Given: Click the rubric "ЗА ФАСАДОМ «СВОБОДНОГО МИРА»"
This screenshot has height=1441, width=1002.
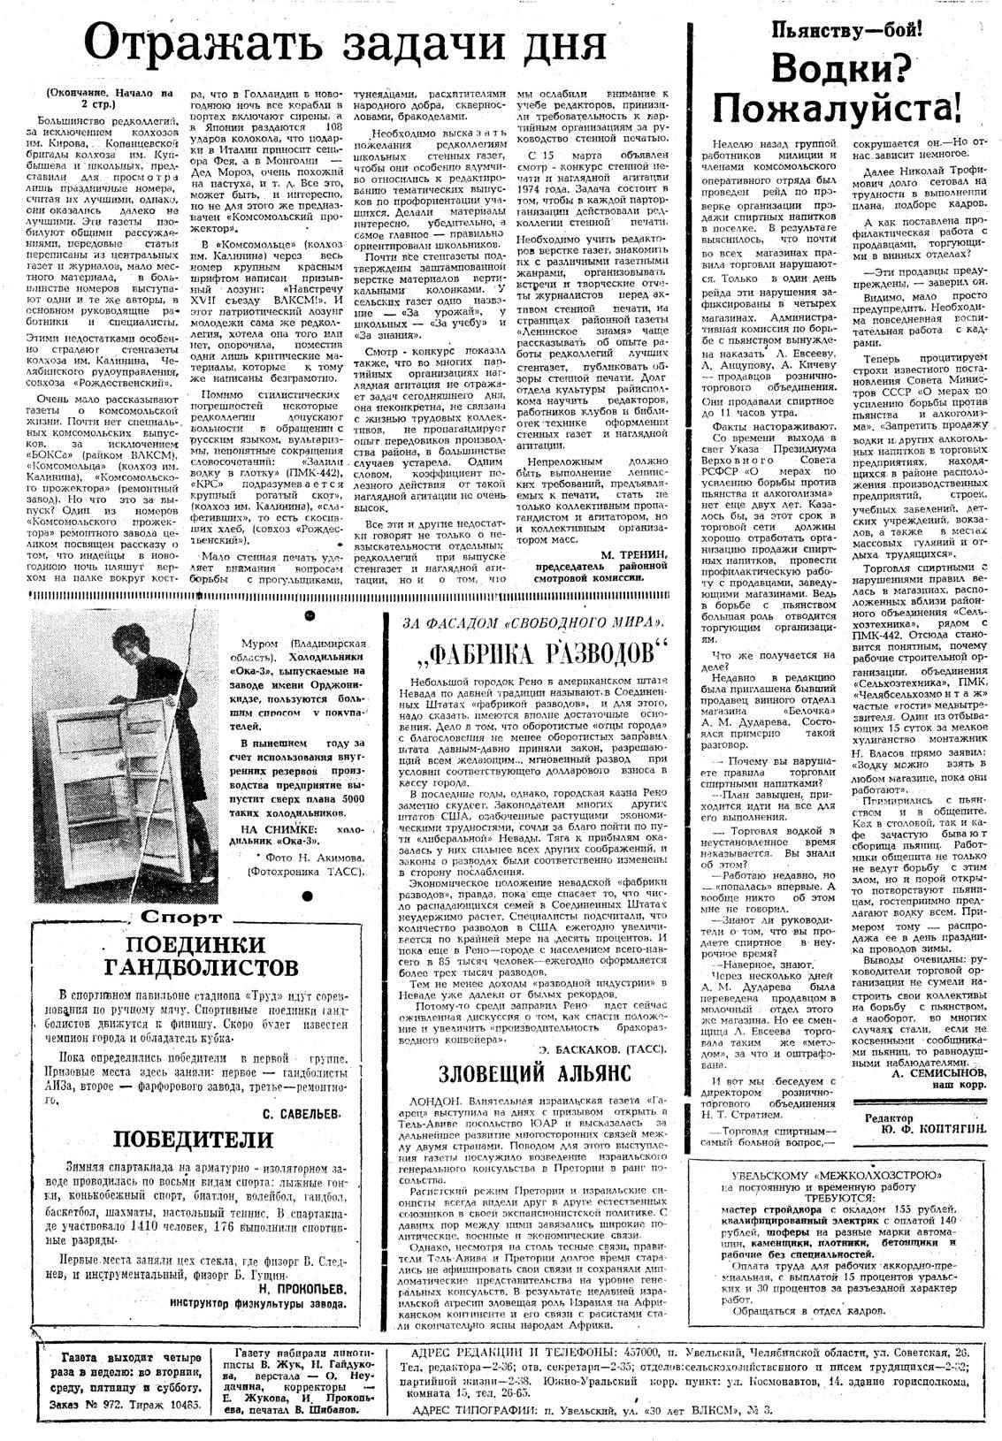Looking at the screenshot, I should (x=534, y=623).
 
